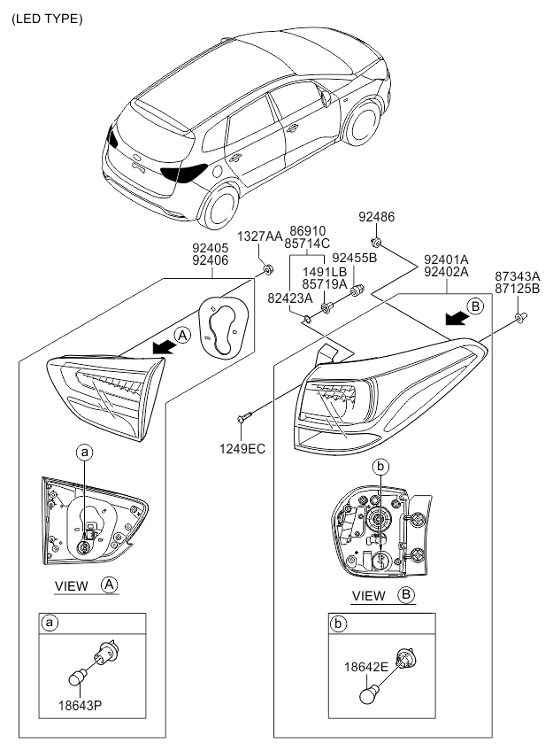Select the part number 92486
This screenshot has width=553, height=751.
(x=377, y=216)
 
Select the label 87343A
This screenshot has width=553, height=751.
(x=518, y=276)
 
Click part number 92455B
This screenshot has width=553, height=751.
(x=355, y=258)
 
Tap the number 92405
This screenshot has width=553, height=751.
(x=211, y=249)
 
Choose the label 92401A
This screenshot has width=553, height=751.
(x=447, y=259)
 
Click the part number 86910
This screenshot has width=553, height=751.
(x=309, y=229)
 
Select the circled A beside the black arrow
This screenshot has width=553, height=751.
(x=181, y=336)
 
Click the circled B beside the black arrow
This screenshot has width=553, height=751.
(x=475, y=307)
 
